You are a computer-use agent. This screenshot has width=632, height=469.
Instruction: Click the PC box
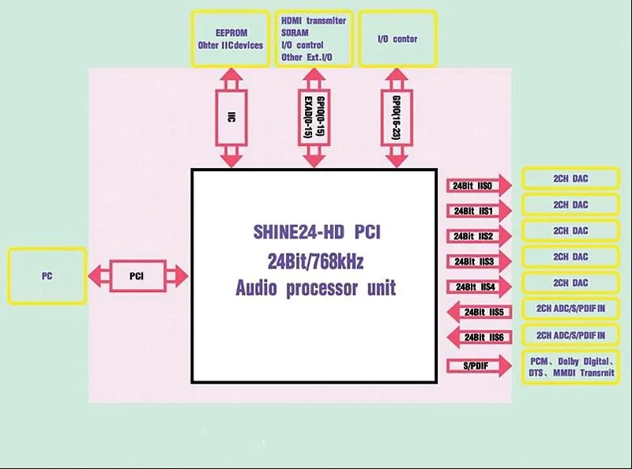pos(47,276)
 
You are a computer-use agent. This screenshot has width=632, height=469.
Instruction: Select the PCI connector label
pos(137,276)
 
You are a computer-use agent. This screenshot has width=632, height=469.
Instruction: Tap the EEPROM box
pos(230,39)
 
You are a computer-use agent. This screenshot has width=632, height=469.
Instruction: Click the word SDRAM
pos(295,32)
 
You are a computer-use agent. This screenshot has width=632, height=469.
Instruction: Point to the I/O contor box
pos(397,39)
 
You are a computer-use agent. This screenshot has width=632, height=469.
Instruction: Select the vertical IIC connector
pos(231,118)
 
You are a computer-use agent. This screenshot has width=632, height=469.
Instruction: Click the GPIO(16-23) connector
pos(397,118)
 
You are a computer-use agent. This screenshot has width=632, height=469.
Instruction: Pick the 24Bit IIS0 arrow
pos(479,186)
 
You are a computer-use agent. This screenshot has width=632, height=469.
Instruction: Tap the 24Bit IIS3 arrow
pos(479,261)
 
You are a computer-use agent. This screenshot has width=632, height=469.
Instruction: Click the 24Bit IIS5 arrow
pos(480,312)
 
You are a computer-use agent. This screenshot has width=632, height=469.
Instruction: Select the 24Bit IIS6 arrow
pos(480,337)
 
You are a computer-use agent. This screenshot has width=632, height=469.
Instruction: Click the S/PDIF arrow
pos(479,366)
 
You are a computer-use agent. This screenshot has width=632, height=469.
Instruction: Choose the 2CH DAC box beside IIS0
pos(570,178)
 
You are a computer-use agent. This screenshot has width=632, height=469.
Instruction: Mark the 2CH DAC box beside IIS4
pos(570,283)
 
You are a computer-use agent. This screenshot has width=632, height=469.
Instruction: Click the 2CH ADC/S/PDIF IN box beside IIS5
pos(570,309)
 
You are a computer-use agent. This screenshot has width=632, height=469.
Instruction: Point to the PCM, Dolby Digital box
pos(570,367)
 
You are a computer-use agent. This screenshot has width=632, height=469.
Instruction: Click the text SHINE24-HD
pos(299,231)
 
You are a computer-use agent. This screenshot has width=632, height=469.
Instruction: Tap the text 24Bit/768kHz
pos(315,261)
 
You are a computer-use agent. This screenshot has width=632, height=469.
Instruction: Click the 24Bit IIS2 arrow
pos(479,236)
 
